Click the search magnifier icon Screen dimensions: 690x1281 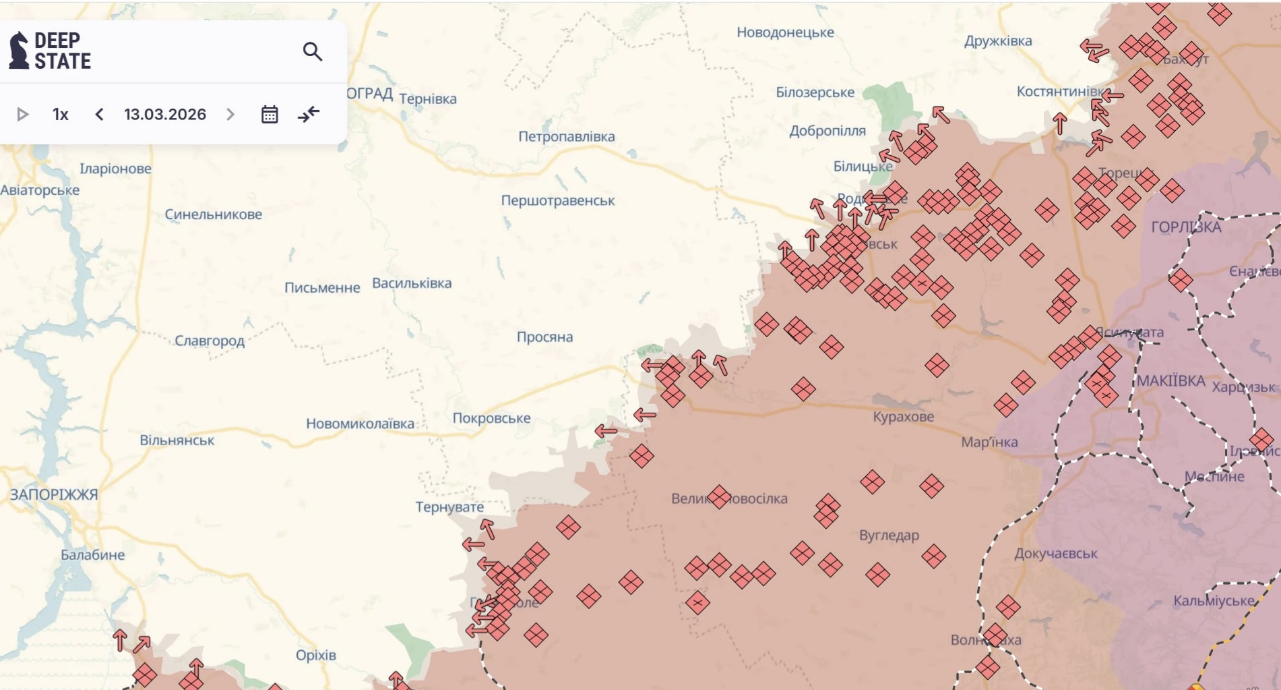(x=312, y=51)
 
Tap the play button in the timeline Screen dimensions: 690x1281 (x=22, y=115)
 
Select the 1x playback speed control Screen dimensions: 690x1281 (x=61, y=115)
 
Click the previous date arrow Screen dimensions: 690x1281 (x=99, y=115)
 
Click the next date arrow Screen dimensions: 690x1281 (x=230, y=115)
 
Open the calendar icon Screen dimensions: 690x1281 (x=270, y=115)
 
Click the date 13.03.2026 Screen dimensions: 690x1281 (x=165, y=115)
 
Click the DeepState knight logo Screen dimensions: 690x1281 (x=19, y=51)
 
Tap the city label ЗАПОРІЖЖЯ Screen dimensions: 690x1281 (x=54, y=494)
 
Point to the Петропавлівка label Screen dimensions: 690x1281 (x=566, y=136)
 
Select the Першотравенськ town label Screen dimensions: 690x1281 (x=557, y=200)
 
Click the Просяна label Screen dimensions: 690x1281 (x=544, y=337)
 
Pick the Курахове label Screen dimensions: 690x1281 (x=903, y=417)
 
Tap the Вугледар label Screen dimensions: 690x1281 (x=889, y=536)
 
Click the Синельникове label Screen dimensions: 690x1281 (x=214, y=214)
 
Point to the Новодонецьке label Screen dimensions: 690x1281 (x=785, y=32)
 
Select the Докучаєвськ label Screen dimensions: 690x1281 (x=1055, y=554)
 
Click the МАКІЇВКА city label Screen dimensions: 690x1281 (x=1171, y=381)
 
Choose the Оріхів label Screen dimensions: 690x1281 (x=315, y=655)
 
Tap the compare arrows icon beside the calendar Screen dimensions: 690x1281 (x=309, y=115)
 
